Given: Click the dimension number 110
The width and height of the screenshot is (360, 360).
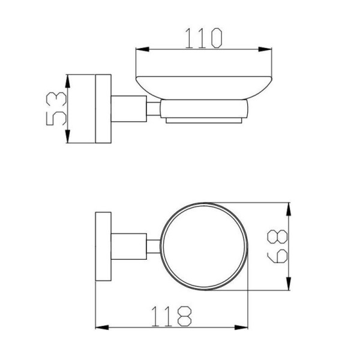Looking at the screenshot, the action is tap(203, 38).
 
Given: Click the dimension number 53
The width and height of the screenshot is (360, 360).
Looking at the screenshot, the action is tap(56, 109).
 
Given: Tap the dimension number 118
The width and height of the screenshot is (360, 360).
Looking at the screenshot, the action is tap(171, 316).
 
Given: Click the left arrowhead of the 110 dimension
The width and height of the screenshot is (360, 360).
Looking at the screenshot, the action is tap(142, 49).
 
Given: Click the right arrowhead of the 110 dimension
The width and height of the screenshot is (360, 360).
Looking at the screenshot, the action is tap(265, 49).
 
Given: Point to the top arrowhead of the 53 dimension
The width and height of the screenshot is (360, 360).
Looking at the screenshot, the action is tap(67, 81).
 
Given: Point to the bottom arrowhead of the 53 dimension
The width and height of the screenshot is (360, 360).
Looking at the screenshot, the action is tap(67, 136).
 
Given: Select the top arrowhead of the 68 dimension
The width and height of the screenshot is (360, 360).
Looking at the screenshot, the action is tap(289, 209).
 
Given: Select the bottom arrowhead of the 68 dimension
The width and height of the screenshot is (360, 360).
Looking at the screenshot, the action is tap(289, 284).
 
